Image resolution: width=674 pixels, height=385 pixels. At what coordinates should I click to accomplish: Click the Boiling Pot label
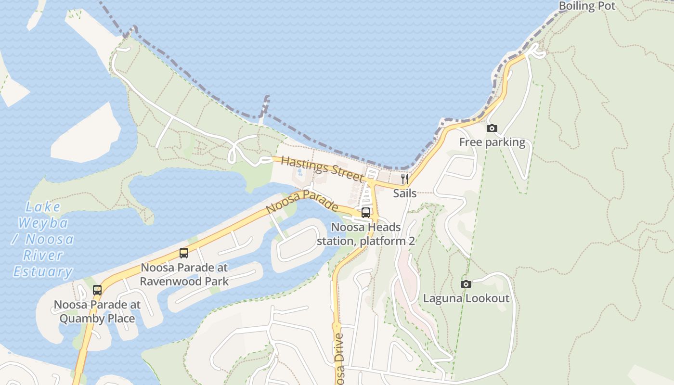click(587, 6)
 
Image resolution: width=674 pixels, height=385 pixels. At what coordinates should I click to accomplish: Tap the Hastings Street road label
click(322, 168)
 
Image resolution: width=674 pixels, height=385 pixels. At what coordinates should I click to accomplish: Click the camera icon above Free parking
click(492, 128)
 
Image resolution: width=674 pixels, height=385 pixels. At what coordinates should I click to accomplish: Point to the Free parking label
click(492, 142)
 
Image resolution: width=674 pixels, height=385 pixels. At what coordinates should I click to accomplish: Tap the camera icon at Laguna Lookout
click(466, 284)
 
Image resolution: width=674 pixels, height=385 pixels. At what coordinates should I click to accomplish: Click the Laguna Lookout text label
click(466, 298)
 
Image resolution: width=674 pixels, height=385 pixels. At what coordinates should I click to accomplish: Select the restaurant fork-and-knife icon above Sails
click(405, 179)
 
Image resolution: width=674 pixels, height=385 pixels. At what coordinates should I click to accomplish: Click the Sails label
click(404, 193)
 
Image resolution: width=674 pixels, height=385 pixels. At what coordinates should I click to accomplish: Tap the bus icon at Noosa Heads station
click(366, 213)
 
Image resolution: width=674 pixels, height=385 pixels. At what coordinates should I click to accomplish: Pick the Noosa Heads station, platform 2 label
click(366, 234)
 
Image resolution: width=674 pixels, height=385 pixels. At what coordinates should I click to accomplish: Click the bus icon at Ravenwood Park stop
click(183, 253)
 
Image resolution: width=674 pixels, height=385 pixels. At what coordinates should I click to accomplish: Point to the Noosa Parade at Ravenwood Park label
click(184, 274)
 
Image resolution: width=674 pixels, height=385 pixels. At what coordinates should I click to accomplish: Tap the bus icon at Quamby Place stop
click(97, 290)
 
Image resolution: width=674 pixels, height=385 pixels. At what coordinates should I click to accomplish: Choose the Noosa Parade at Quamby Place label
click(97, 311)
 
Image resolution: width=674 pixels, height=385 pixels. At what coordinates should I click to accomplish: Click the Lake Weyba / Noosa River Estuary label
click(43, 239)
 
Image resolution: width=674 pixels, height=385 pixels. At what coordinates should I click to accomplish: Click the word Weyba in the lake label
click(43, 223)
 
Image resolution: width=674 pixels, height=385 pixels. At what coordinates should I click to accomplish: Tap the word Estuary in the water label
click(43, 272)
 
